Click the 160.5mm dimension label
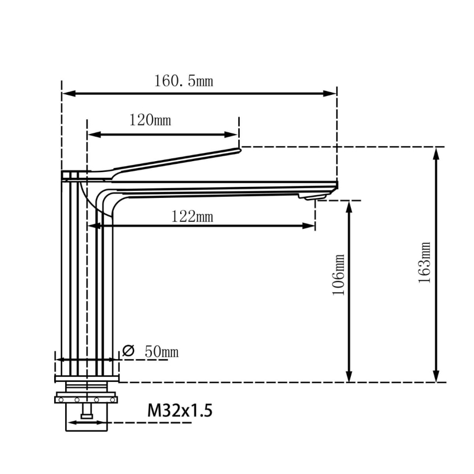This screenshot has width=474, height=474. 183,81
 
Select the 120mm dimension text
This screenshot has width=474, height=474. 150,120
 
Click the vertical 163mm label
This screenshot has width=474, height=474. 425,262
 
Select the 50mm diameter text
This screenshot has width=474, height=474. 161,351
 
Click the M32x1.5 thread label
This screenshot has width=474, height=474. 180,411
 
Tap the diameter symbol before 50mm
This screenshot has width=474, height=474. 128,351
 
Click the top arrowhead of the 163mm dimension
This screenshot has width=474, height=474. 437,154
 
